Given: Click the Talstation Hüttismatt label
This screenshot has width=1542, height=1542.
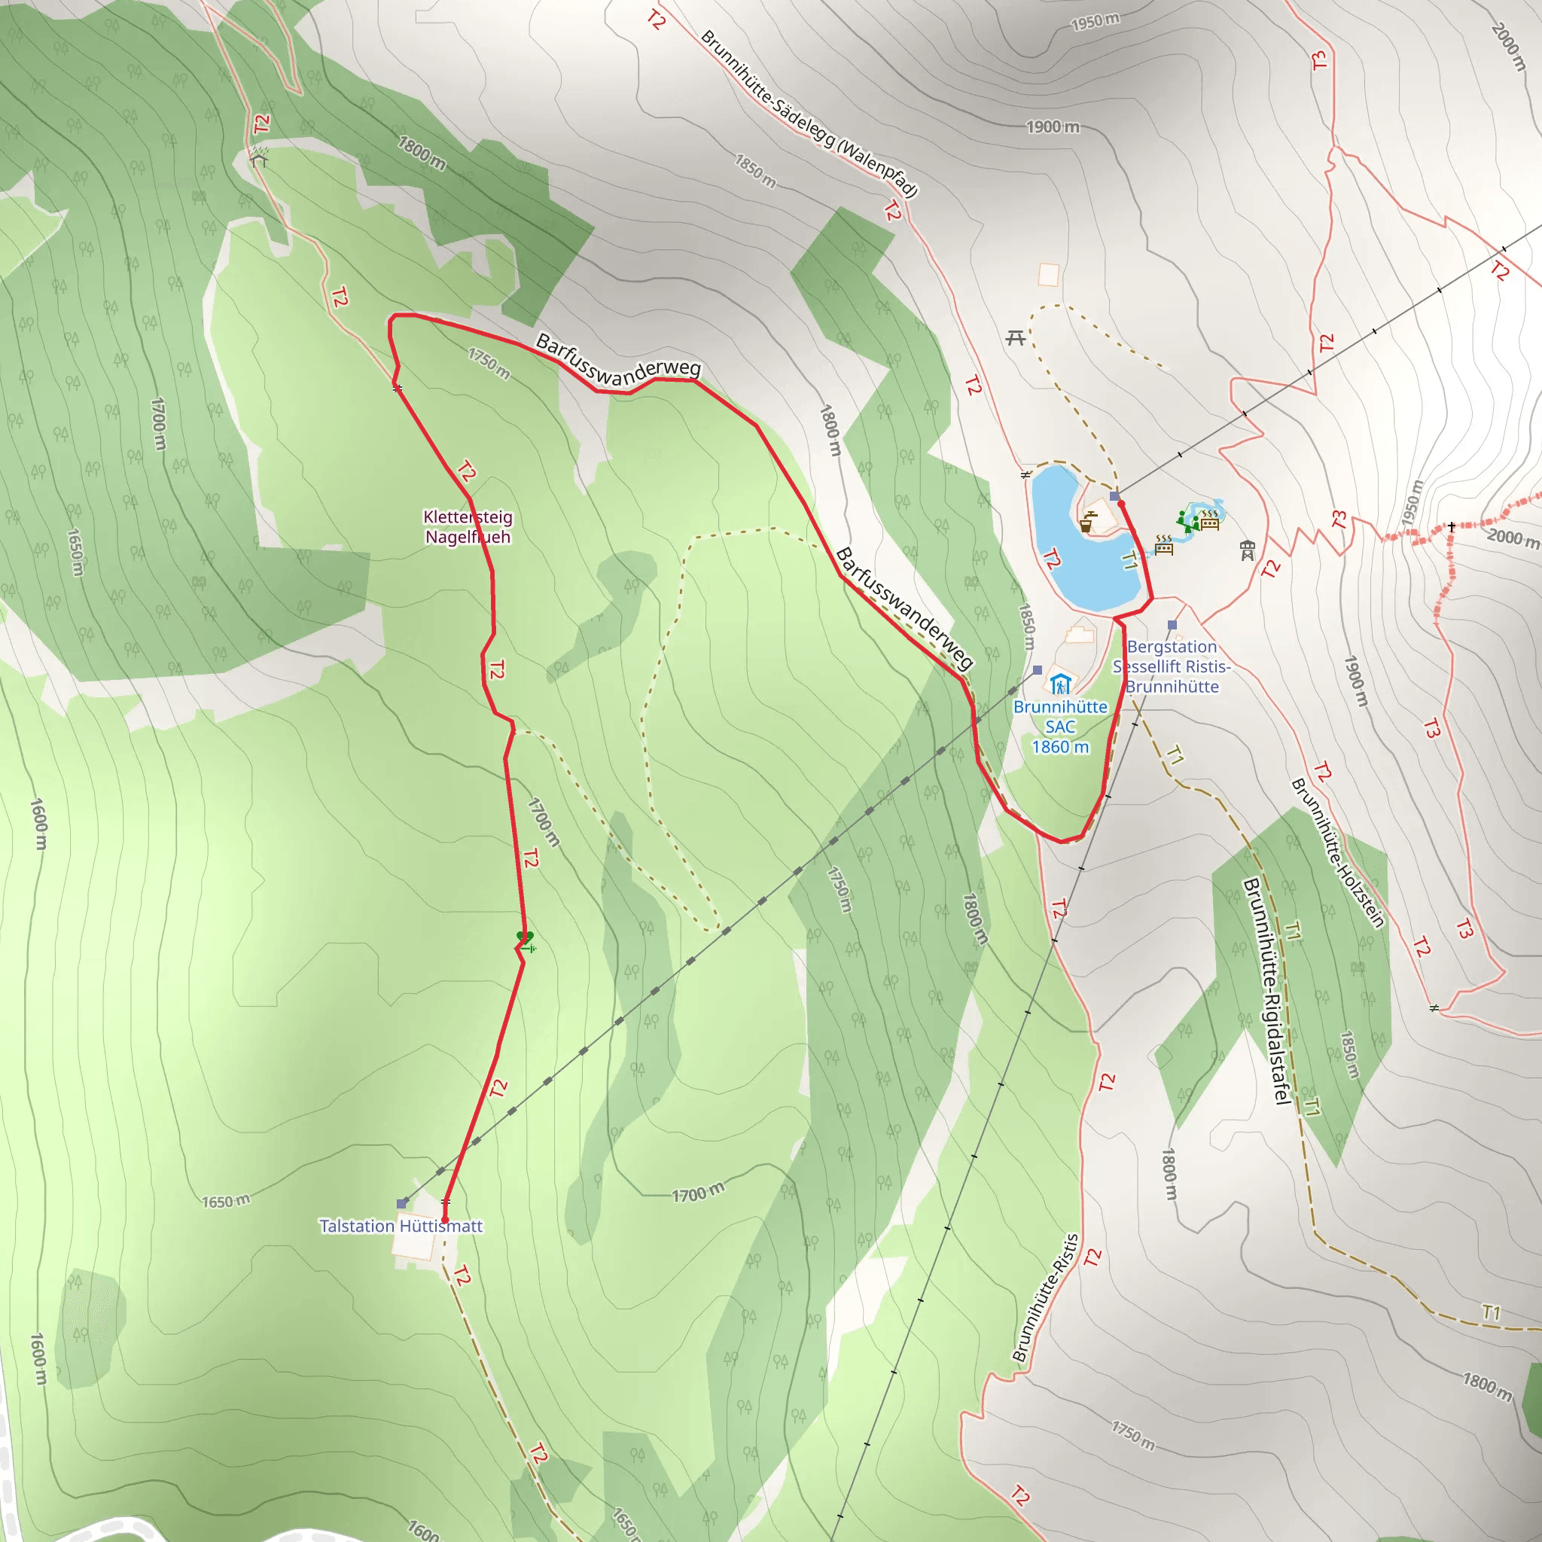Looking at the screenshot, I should coord(401,1226).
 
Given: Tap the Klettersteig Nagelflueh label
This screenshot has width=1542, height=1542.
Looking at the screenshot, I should coord(468,527).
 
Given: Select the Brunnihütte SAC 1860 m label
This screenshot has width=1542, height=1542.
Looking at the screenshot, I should coord(1060,727).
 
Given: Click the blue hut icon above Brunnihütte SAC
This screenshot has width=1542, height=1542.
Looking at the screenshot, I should coord(1060,684).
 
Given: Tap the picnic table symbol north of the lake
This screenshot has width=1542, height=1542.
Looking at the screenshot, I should coord(1015,338).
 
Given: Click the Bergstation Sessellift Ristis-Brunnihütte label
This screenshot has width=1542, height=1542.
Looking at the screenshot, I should coord(1172,666).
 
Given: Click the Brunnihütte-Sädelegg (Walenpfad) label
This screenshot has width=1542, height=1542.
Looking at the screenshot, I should coord(809,114).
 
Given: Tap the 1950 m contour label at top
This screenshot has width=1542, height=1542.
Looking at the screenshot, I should coord(1095,21).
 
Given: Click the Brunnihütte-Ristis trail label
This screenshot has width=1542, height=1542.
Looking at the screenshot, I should coord(1046,1297).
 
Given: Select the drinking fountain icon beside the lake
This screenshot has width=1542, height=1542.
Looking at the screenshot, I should coord(1087,522).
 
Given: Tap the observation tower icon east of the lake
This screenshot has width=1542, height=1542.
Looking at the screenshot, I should coord(1248,550).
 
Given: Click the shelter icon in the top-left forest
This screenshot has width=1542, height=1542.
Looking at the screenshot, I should coord(258,157).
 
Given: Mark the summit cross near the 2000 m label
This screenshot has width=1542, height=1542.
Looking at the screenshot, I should coord(1452,527).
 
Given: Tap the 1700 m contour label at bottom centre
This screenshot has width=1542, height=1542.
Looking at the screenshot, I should coord(699,1193).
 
